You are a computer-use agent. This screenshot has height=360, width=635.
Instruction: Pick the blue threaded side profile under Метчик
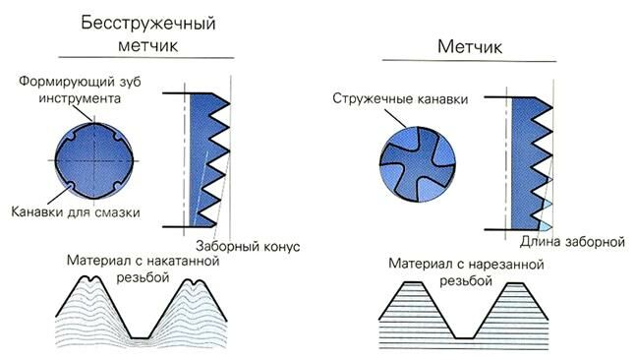(532, 157)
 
